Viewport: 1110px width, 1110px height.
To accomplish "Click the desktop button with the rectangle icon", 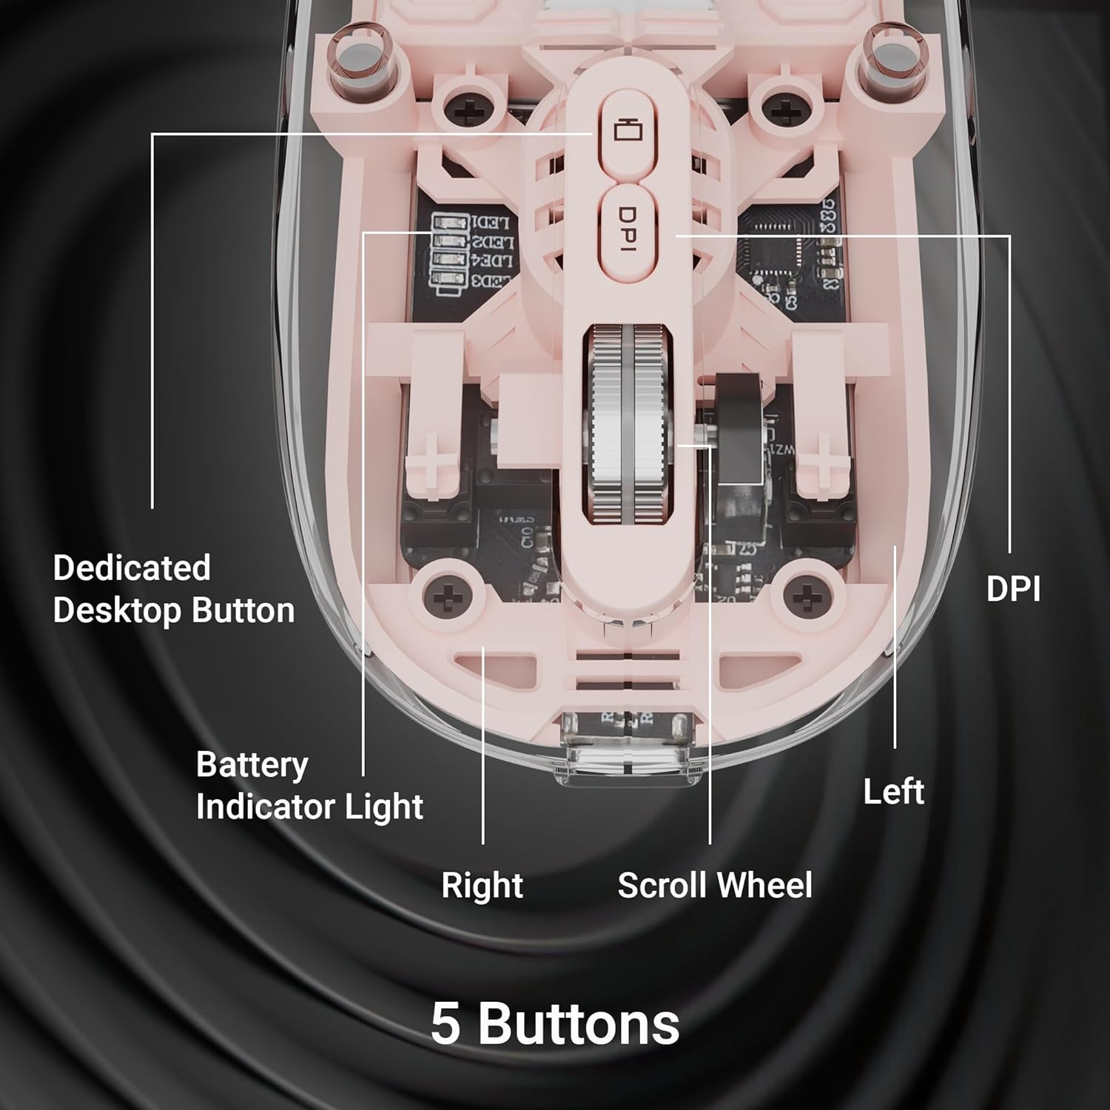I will coord(623,132).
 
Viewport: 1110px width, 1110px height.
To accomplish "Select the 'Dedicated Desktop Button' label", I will coord(173,589).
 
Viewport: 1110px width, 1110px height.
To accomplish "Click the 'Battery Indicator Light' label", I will coord(309,785).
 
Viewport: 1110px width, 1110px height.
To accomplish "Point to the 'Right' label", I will coord(482,885).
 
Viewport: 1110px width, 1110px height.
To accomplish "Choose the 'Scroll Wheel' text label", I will coord(714,885).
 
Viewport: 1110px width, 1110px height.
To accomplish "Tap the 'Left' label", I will coord(893,792).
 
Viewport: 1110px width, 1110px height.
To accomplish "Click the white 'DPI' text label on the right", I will coord(1013,589).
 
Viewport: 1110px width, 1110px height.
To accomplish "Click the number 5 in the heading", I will coord(446,1023).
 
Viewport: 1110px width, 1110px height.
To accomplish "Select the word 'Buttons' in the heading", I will coord(578,1023).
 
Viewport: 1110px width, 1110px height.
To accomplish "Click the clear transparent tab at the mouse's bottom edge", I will coord(628,747).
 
